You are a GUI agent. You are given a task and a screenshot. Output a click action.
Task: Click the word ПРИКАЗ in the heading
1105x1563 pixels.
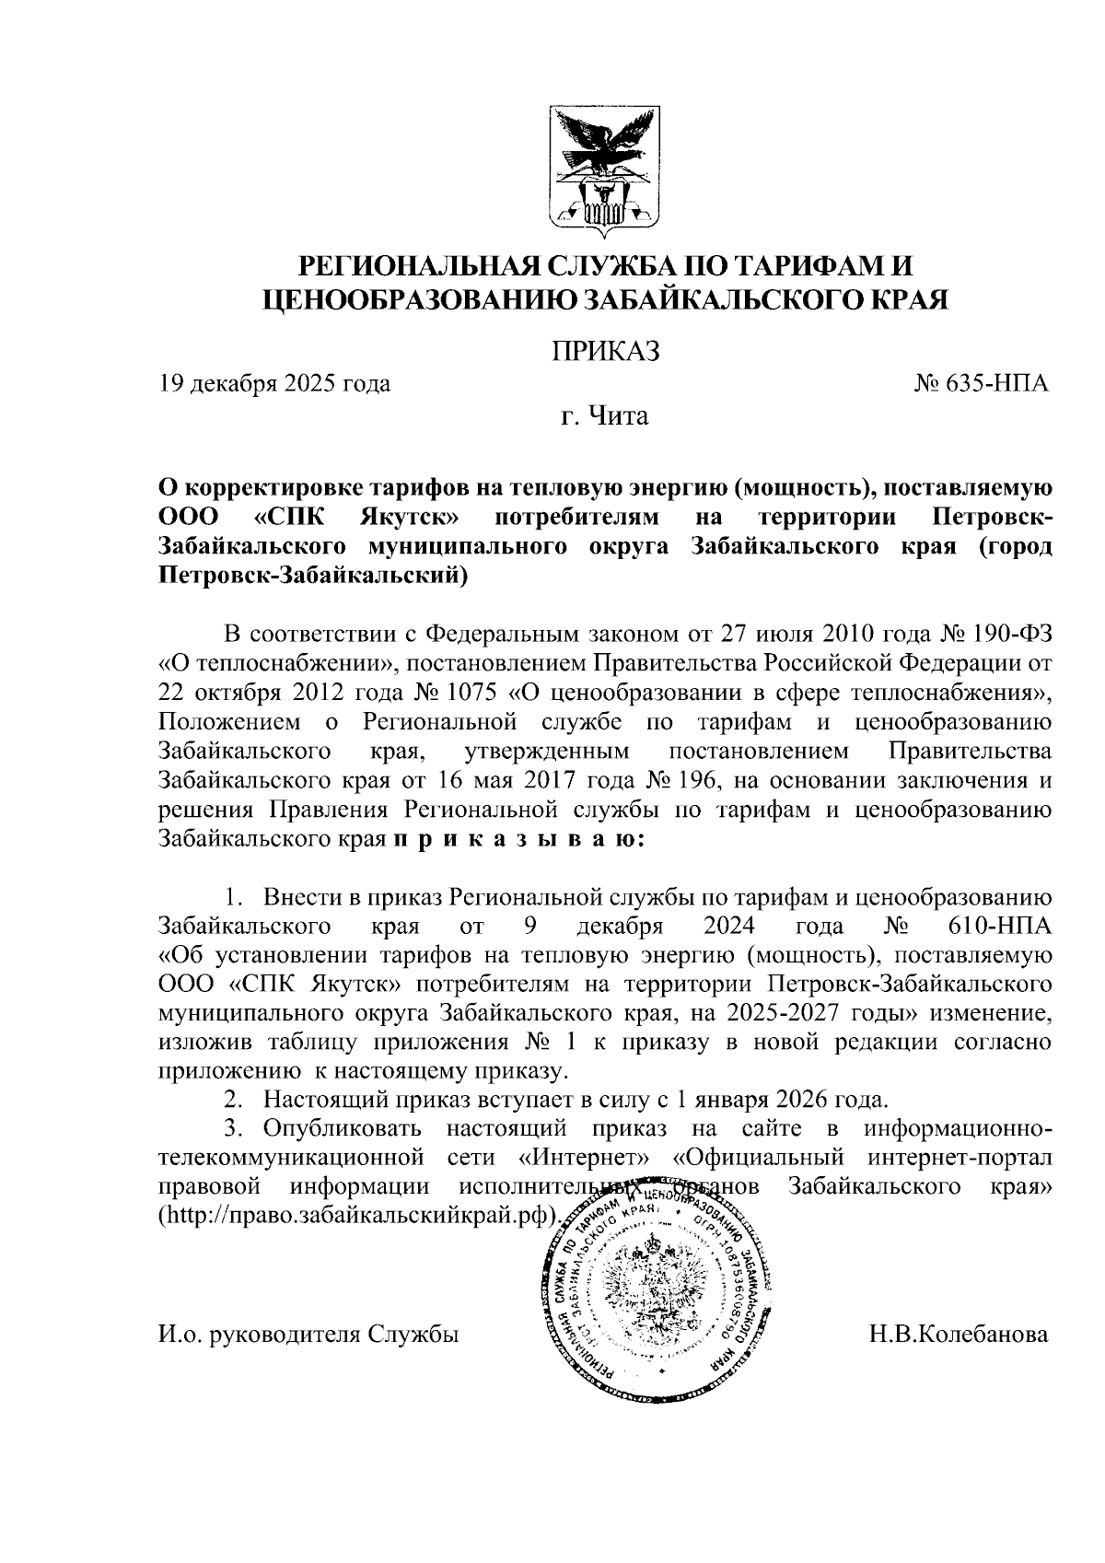point(606,351)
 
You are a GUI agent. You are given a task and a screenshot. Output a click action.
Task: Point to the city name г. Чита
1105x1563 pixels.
point(605,416)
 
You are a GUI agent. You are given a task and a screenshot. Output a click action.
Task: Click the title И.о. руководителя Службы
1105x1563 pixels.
point(308,1334)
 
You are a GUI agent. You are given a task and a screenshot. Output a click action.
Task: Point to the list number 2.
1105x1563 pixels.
point(235,1100)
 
